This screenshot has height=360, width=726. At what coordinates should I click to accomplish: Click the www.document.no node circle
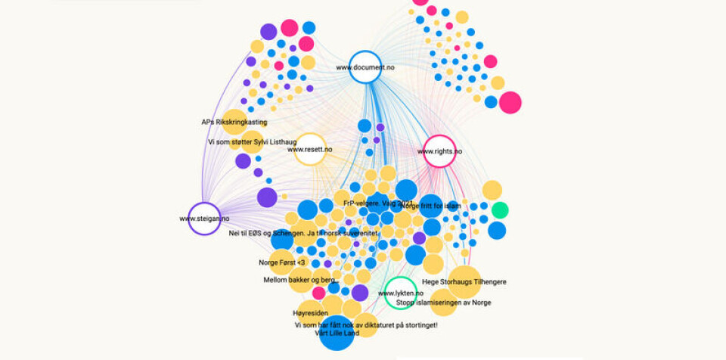[365, 67]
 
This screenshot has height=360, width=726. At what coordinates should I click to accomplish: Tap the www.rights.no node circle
[440, 151]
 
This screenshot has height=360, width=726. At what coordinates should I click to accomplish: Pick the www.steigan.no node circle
[203, 219]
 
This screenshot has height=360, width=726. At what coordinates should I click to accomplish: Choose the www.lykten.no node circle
[400, 293]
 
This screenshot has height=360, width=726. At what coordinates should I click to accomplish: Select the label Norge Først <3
[281, 263]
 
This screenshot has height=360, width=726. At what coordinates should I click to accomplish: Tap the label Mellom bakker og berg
[299, 280]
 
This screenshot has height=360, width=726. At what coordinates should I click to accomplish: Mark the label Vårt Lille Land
[337, 334]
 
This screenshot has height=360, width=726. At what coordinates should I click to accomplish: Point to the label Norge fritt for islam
[430, 206]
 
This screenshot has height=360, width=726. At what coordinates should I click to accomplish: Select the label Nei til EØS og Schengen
[302, 233]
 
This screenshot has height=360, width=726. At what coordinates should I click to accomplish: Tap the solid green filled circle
[499, 209]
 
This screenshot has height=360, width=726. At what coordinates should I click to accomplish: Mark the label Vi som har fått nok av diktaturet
[366, 325]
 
